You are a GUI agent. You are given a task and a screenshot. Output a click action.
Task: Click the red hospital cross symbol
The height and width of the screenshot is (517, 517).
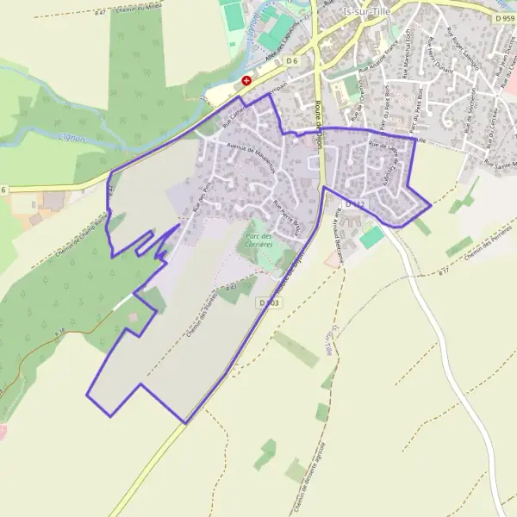[x=246, y=80]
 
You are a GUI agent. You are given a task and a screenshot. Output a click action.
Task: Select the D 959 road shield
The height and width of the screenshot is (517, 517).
[x=504, y=17]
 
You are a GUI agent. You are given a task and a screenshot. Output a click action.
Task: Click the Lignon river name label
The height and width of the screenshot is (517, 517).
[x=72, y=134]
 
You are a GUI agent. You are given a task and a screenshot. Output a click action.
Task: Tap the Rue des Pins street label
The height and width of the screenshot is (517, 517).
[x=202, y=196]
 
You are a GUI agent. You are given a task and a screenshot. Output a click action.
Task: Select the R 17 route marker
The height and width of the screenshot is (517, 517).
[x=444, y=271]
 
